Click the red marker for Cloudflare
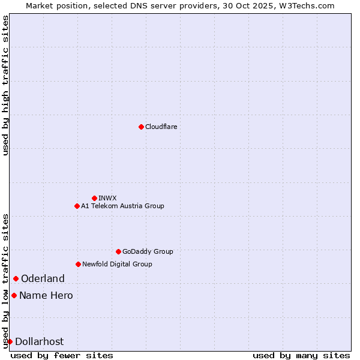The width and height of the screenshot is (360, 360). click(x=141, y=127)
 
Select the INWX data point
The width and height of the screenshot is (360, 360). click(x=94, y=198)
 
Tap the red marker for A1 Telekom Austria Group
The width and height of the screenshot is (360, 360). click(x=77, y=206)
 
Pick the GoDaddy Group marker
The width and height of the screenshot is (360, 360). click(x=118, y=251)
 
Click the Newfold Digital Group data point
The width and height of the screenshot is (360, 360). click(x=78, y=264)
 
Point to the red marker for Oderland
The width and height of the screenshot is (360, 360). click(x=16, y=278)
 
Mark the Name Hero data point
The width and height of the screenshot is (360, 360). click(x=14, y=295)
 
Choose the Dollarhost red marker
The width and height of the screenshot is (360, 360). click(x=10, y=341)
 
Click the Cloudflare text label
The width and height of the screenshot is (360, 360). click(x=161, y=127)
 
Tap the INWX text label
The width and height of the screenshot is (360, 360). click(x=107, y=198)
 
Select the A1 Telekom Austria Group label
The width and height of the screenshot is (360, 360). click(x=122, y=206)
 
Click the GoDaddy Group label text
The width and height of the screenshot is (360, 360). click(x=148, y=251)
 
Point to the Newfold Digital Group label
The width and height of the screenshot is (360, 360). click(x=117, y=264)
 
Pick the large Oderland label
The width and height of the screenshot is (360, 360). click(x=43, y=278)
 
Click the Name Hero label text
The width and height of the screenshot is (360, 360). click(x=46, y=295)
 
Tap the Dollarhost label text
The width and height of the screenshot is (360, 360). click(x=39, y=341)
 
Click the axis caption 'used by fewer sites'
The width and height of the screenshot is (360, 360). click(x=62, y=355)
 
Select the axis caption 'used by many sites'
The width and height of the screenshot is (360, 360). click(x=301, y=355)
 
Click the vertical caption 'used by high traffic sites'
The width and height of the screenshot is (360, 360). click(x=5, y=85)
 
